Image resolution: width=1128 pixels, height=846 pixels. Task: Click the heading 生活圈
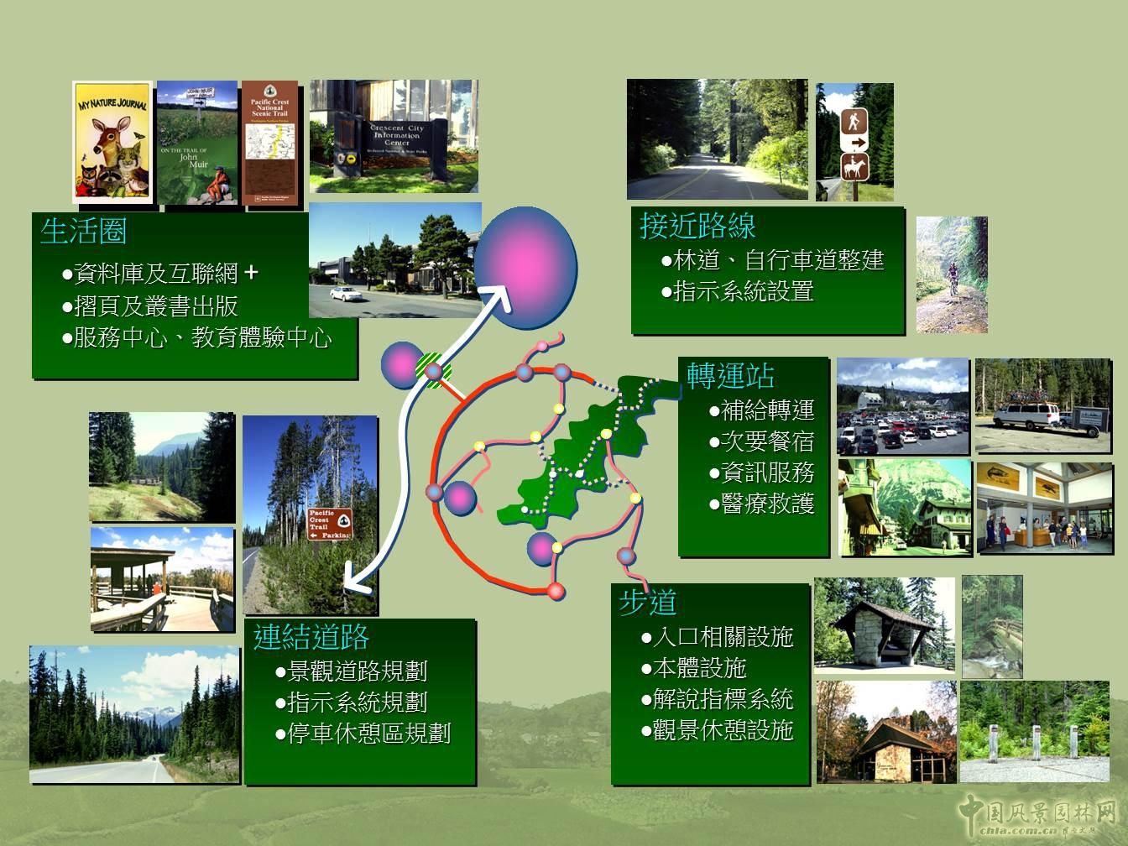click(83, 231)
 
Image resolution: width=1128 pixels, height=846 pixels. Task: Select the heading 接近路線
click(697, 226)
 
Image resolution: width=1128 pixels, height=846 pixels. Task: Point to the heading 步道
click(648, 602)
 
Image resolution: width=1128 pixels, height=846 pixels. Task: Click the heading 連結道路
click(311, 638)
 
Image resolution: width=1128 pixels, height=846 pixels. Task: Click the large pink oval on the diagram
click(525, 267)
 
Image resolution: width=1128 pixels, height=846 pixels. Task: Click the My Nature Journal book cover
click(112, 142)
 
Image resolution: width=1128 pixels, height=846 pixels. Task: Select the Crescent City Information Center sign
click(397, 138)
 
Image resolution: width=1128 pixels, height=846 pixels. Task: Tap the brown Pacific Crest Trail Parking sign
click(329, 525)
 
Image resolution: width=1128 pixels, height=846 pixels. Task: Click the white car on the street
click(345, 293)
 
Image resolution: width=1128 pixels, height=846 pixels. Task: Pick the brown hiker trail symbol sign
click(854, 121)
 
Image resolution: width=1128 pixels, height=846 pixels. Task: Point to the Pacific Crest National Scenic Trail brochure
click(269, 143)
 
